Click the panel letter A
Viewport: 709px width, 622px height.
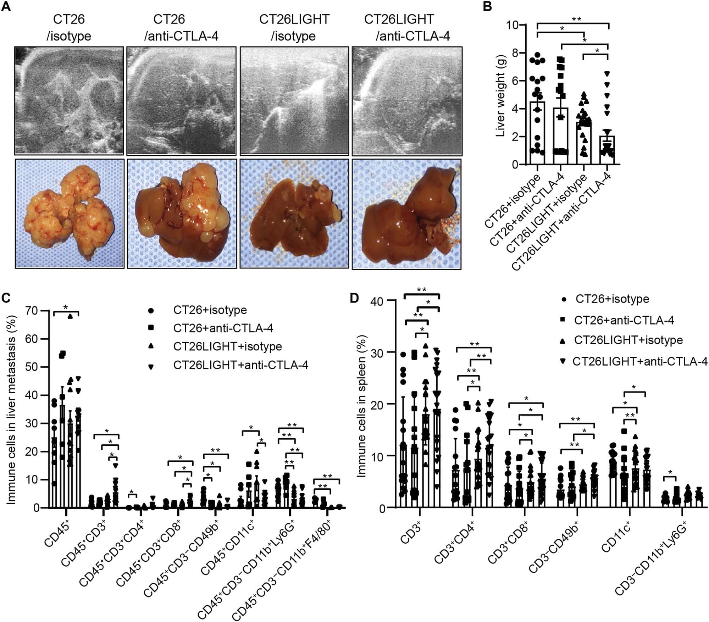tap(6, 6)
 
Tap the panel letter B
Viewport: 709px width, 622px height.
tap(488, 6)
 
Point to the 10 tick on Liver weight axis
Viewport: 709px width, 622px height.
tap(513, 25)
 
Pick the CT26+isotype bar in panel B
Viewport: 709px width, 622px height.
tap(537, 133)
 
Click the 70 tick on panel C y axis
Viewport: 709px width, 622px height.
tap(33, 311)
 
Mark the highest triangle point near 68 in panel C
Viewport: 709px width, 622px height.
tap(70, 317)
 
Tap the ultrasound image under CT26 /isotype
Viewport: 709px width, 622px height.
tap(69, 101)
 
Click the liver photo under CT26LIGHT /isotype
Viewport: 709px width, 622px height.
tap(294, 213)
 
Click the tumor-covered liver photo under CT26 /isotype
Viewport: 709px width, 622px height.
tap(69, 213)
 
